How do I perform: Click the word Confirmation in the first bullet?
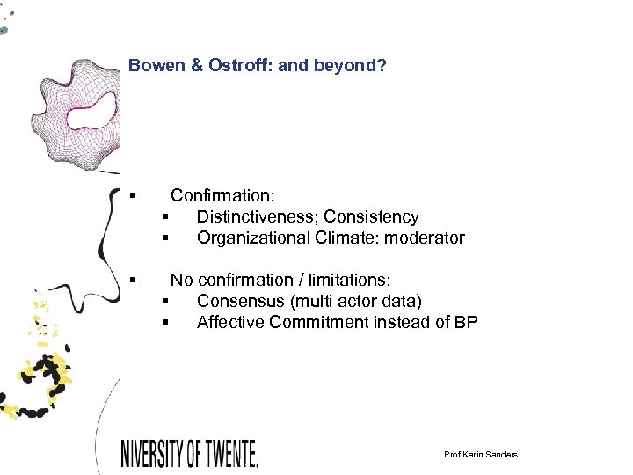click(x=222, y=195)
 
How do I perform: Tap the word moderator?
click(x=426, y=237)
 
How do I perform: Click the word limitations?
click(x=347, y=280)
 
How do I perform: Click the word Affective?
click(x=230, y=322)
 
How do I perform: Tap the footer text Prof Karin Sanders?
click(x=481, y=454)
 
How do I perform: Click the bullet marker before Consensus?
click(x=164, y=302)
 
